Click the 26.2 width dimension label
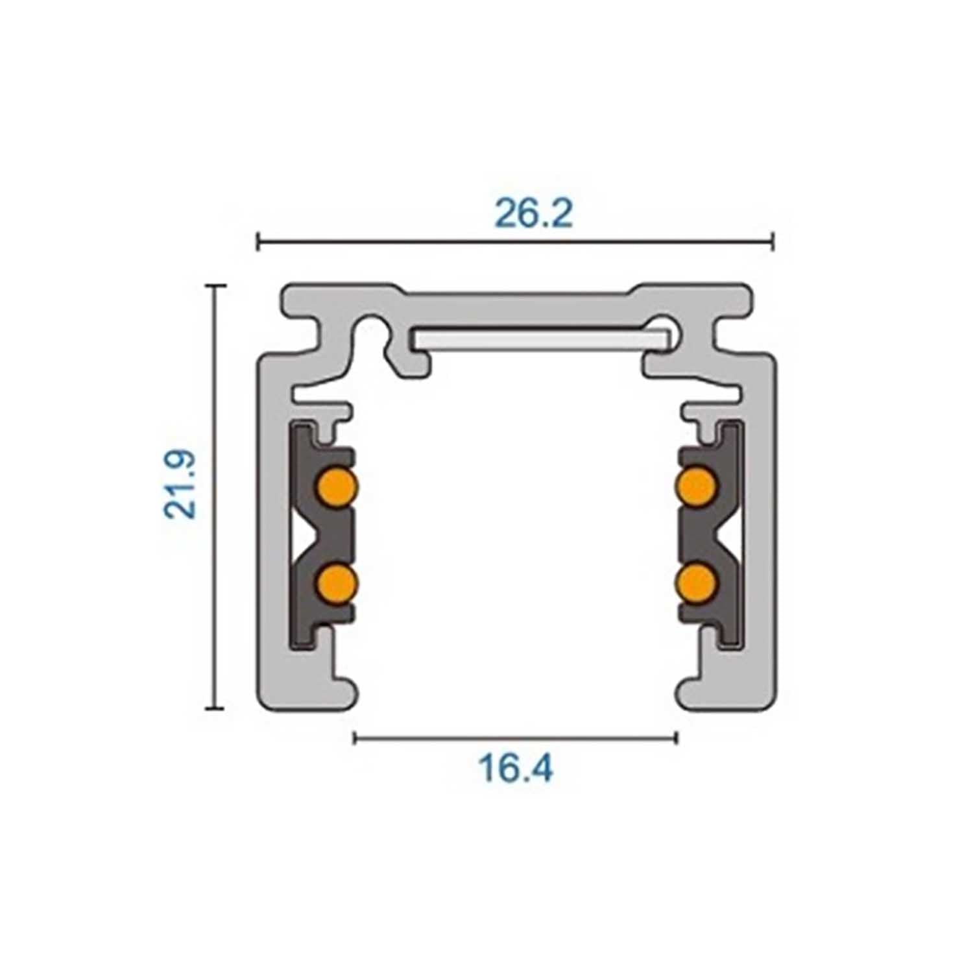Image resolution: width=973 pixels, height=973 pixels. [x=533, y=213]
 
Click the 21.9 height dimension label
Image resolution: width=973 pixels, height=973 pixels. [x=181, y=483]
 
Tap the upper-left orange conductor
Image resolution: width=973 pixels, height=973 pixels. [x=338, y=485]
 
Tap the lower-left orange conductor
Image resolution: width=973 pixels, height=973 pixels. [x=338, y=581]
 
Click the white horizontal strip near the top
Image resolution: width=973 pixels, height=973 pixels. [x=538, y=339]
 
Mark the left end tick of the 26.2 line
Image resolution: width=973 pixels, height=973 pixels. [x=258, y=241]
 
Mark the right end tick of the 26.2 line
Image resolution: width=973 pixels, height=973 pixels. [x=773, y=241]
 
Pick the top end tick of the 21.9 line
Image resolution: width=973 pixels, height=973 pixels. [x=216, y=285]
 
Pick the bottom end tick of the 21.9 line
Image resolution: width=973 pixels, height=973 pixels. [x=216, y=710]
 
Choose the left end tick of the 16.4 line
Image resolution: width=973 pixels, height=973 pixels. [x=354, y=738]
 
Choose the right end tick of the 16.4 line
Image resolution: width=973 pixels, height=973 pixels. [x=677, y=738]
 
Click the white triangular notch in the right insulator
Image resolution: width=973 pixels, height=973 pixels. [x=730, y=533]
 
